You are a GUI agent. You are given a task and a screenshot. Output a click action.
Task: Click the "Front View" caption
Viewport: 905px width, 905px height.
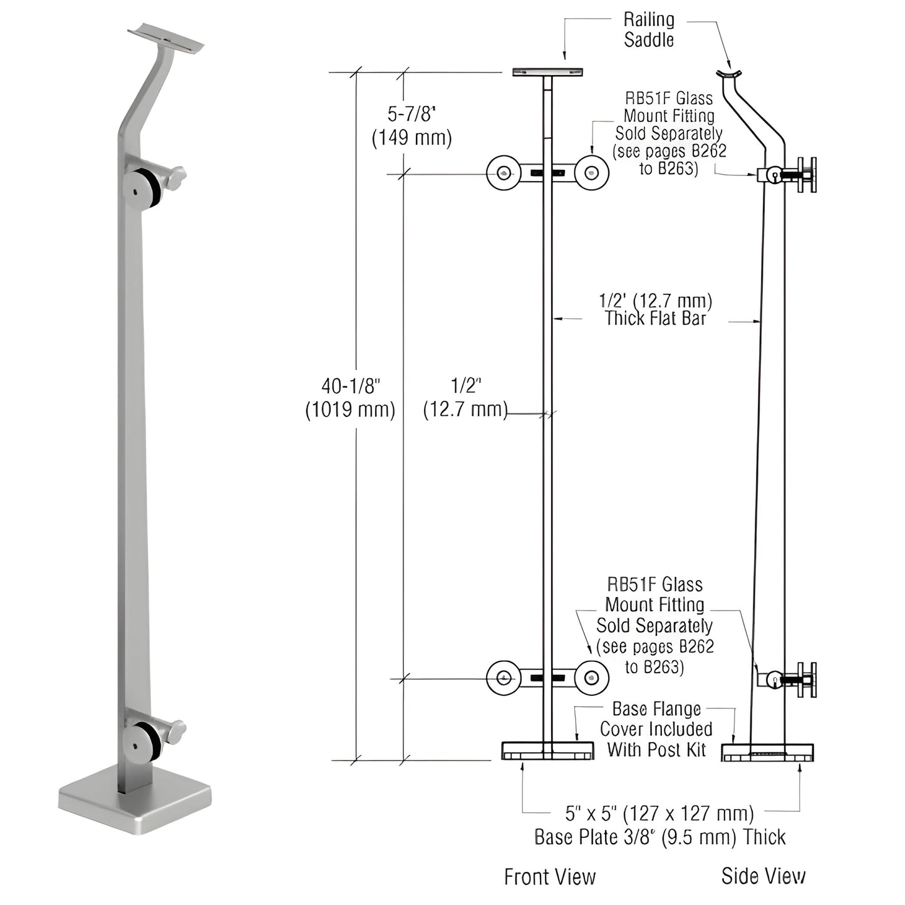[549, 877]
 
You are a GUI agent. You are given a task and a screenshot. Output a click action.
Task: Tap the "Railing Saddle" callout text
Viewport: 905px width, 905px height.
[649, 30]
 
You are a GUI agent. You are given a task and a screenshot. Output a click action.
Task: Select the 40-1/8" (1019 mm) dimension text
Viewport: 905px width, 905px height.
[350, 398]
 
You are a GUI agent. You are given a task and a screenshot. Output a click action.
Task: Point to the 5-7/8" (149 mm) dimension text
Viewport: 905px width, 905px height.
[411, 126]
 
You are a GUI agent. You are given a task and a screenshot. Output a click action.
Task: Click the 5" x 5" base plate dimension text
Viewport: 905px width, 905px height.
[659, 825]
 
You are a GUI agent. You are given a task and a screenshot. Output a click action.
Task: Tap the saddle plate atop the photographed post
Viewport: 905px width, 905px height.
[166, 38]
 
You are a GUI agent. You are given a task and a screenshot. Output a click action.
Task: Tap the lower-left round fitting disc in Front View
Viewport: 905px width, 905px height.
[503, 678]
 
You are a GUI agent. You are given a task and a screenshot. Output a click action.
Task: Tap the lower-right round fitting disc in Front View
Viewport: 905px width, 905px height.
[592, 678]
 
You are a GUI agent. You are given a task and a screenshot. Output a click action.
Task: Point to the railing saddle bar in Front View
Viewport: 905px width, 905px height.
[547, 73]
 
